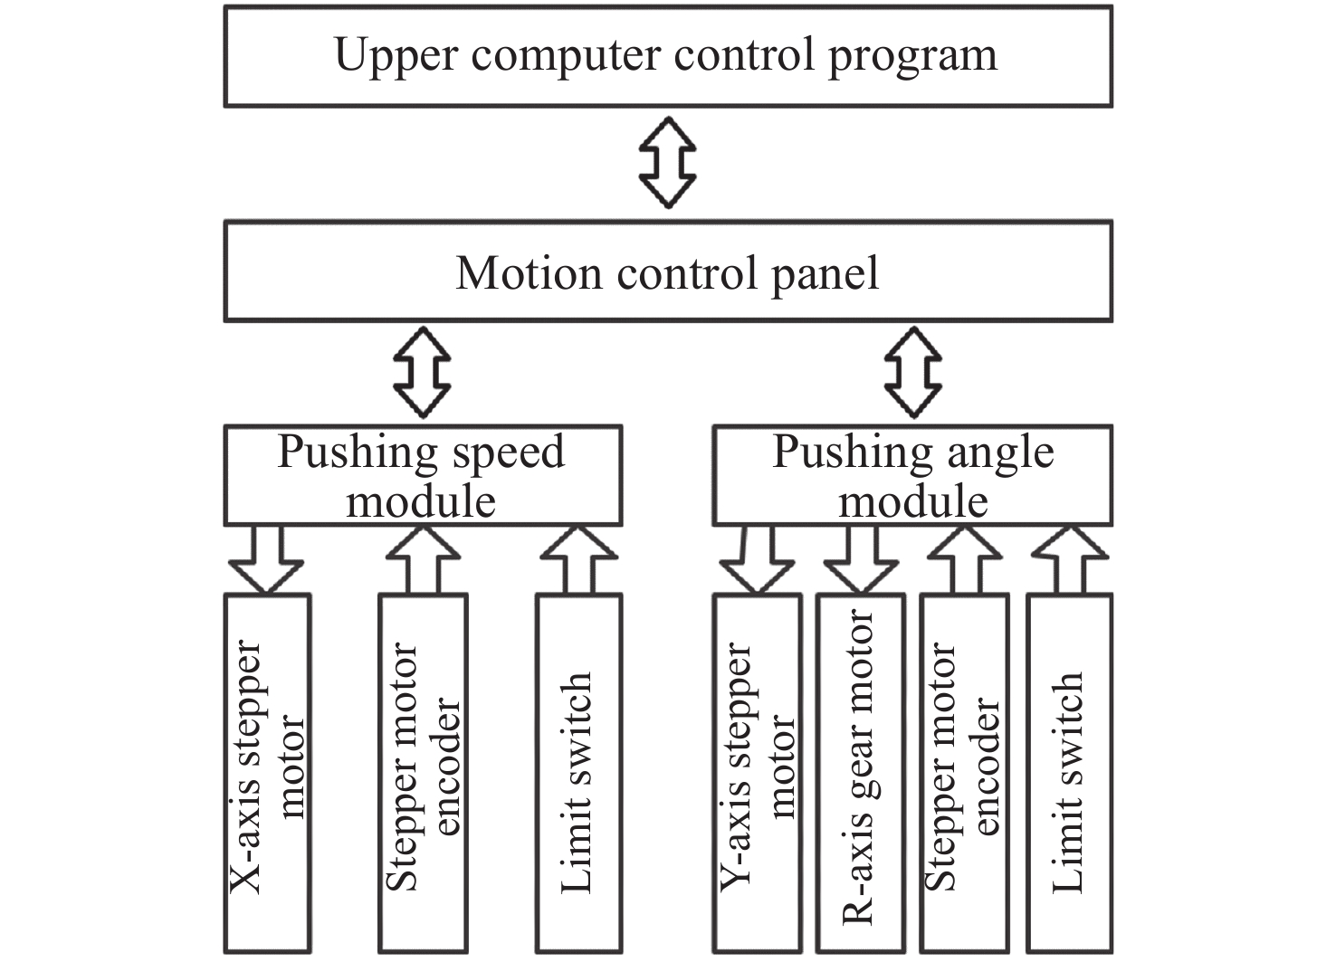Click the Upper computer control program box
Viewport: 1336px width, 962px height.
(x=667, y=56)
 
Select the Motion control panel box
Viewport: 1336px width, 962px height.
(x=667, y=271)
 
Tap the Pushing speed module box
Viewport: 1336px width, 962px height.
(x=423, y=476)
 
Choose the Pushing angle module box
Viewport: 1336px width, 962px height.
(x=912, y=476)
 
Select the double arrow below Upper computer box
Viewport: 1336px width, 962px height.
(x=668, y=162)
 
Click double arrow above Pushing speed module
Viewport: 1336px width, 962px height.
(x=422, y=372)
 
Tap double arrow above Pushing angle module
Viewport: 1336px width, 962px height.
(x=912, y=372)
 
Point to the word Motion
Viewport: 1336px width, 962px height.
(x=529, y=272)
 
